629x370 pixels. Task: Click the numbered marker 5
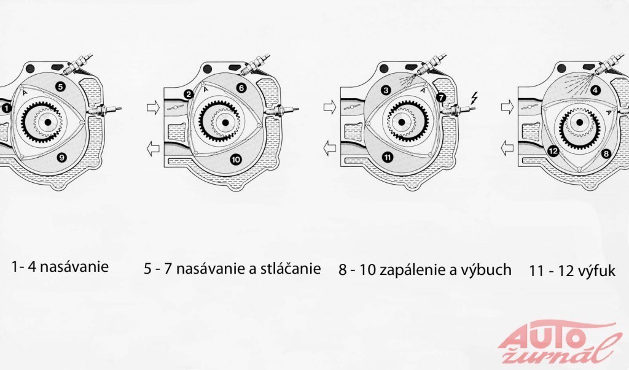click(60, 86)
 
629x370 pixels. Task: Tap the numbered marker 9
click(61, 158)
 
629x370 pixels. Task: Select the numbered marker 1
click(6, 108)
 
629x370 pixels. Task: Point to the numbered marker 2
click(189, 95)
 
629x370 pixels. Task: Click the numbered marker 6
click(241, 88)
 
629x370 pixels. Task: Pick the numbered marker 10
click(236, 160)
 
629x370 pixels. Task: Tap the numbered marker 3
click(386, 90)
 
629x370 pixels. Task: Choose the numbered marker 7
click(441, 98)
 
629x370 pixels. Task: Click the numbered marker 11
click(388, 157)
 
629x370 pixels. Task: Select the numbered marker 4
click(596, 91)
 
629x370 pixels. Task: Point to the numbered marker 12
click(553, 151)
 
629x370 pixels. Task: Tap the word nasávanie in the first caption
click(74, 266)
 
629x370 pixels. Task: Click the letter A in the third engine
click(422, 91)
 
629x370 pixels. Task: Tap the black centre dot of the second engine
click(225, 122)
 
